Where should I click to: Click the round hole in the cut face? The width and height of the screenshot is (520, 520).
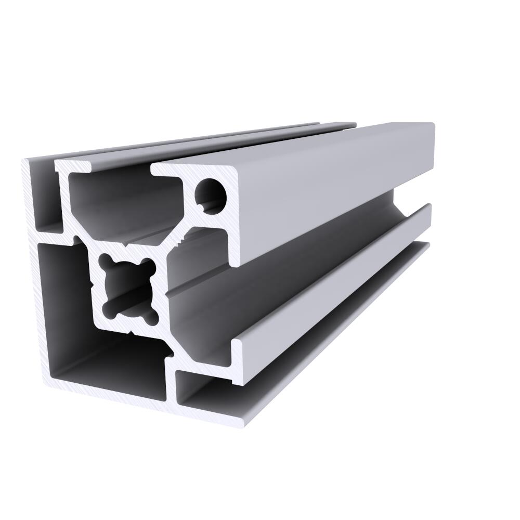[x=211, y=195]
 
